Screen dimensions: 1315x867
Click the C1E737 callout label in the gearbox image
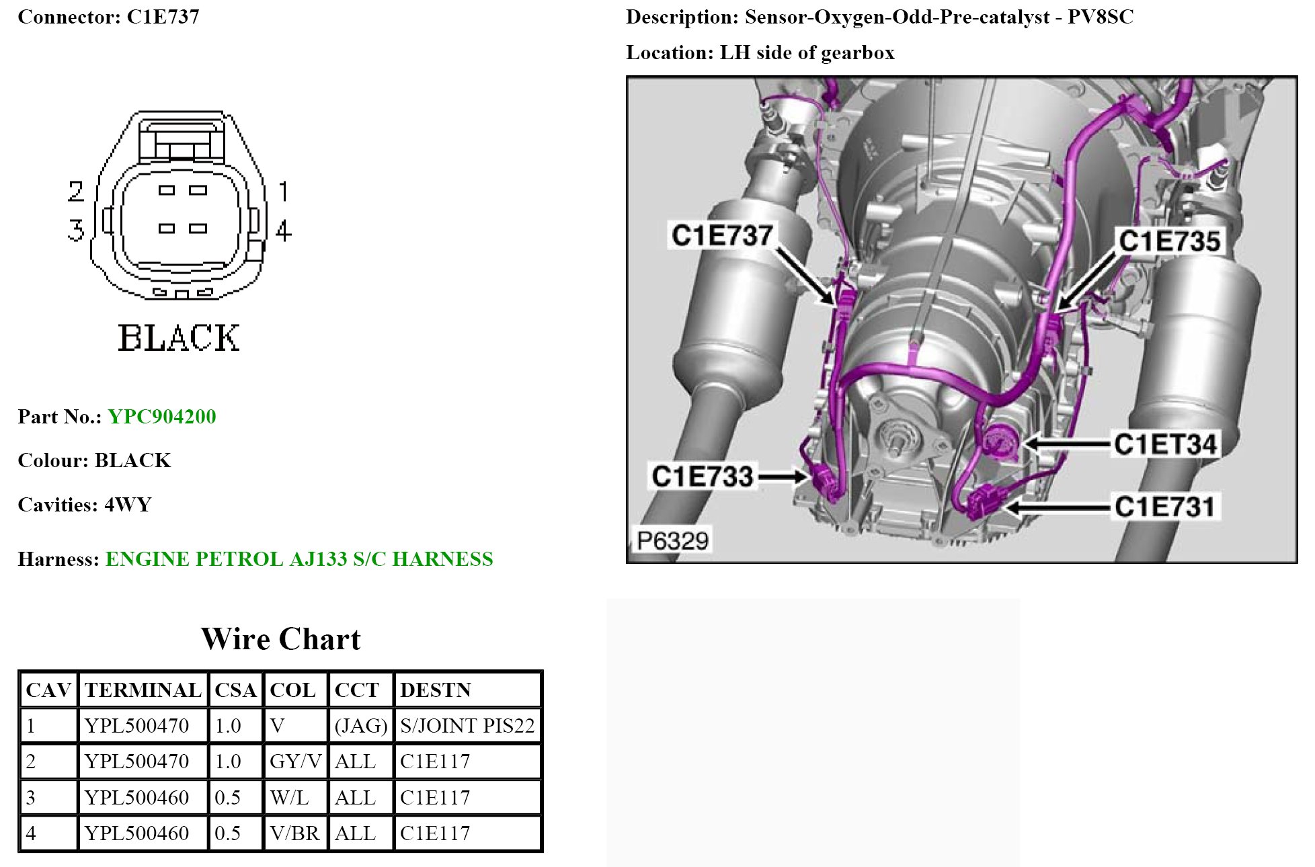[722, 235]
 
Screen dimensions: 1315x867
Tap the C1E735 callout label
[1169, 241]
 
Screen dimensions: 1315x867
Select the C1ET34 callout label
[1165, 444]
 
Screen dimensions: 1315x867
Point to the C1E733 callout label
[703, 476]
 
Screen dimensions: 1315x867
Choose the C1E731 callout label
[1165, 506]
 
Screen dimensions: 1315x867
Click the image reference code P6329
[673, 540]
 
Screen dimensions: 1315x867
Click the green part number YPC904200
[162, 417]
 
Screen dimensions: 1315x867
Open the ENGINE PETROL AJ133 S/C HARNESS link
[299, 559]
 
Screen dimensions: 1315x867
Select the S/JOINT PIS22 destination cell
[467, 726]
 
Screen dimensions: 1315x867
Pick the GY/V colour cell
[296, 761]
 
